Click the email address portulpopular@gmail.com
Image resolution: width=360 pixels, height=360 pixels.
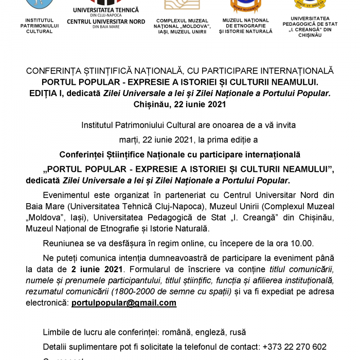123,303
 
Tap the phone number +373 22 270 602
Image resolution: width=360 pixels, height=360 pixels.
294,347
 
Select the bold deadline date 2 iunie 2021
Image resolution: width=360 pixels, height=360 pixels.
97,269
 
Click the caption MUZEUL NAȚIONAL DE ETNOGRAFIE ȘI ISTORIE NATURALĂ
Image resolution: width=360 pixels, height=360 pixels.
245,26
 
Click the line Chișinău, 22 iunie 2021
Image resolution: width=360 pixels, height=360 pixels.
179,104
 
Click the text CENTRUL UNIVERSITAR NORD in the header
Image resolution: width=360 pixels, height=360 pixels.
106,22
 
